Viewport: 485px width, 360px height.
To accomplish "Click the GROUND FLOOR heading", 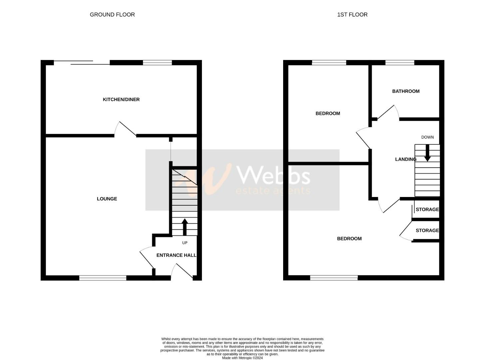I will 112,15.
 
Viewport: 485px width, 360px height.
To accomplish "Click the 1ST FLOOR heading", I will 352,15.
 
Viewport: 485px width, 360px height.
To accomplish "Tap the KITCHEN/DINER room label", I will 121,99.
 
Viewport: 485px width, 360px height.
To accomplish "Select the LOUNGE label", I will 107,199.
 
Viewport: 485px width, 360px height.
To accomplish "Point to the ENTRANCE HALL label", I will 176,255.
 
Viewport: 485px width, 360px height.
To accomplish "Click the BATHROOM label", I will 406,91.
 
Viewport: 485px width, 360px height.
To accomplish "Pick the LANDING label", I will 405,159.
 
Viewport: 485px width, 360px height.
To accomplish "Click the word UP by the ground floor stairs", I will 185,243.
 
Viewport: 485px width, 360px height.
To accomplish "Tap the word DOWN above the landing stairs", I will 427,137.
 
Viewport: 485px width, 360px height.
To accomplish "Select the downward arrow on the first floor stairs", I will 427,153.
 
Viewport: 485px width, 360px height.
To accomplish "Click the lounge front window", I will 103,278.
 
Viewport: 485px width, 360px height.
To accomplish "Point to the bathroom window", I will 400,62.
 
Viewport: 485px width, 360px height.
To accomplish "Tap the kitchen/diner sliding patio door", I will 82,63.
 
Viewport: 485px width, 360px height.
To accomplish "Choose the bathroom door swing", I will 387,112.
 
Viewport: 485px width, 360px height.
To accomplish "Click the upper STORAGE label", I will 427,209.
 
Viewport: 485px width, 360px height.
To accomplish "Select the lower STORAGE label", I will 427,230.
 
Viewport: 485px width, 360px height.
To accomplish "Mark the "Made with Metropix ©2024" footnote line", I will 242,358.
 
